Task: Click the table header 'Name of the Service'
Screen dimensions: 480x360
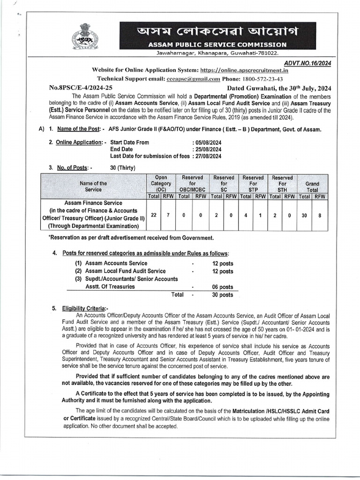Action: click(93, 187)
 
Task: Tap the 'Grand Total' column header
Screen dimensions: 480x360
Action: click(312, 184)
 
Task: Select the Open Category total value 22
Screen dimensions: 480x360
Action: click(154, 214)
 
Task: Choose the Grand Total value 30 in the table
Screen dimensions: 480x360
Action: click(305, 214)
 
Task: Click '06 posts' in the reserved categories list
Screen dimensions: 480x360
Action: click(222, 287)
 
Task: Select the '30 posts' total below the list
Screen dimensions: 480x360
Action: click(222, 295)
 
